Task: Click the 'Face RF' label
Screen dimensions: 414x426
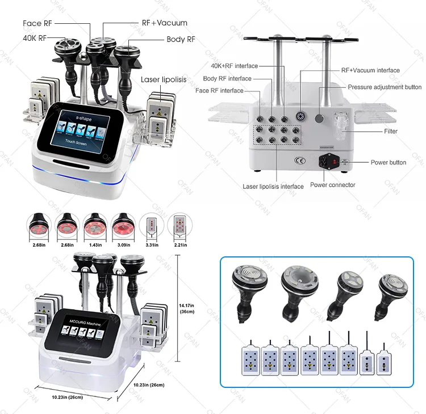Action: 40,23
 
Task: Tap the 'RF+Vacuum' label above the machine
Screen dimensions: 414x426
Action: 164,23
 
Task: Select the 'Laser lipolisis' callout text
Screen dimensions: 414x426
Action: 164,80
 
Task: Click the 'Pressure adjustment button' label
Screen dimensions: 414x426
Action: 385,87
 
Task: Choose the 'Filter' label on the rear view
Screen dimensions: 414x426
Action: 390,131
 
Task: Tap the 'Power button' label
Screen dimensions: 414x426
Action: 389,162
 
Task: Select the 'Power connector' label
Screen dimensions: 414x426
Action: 333,185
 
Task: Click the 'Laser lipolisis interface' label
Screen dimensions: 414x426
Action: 273,186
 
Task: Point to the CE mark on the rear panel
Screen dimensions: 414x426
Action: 299,160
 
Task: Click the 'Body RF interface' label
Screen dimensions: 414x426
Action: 227,79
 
